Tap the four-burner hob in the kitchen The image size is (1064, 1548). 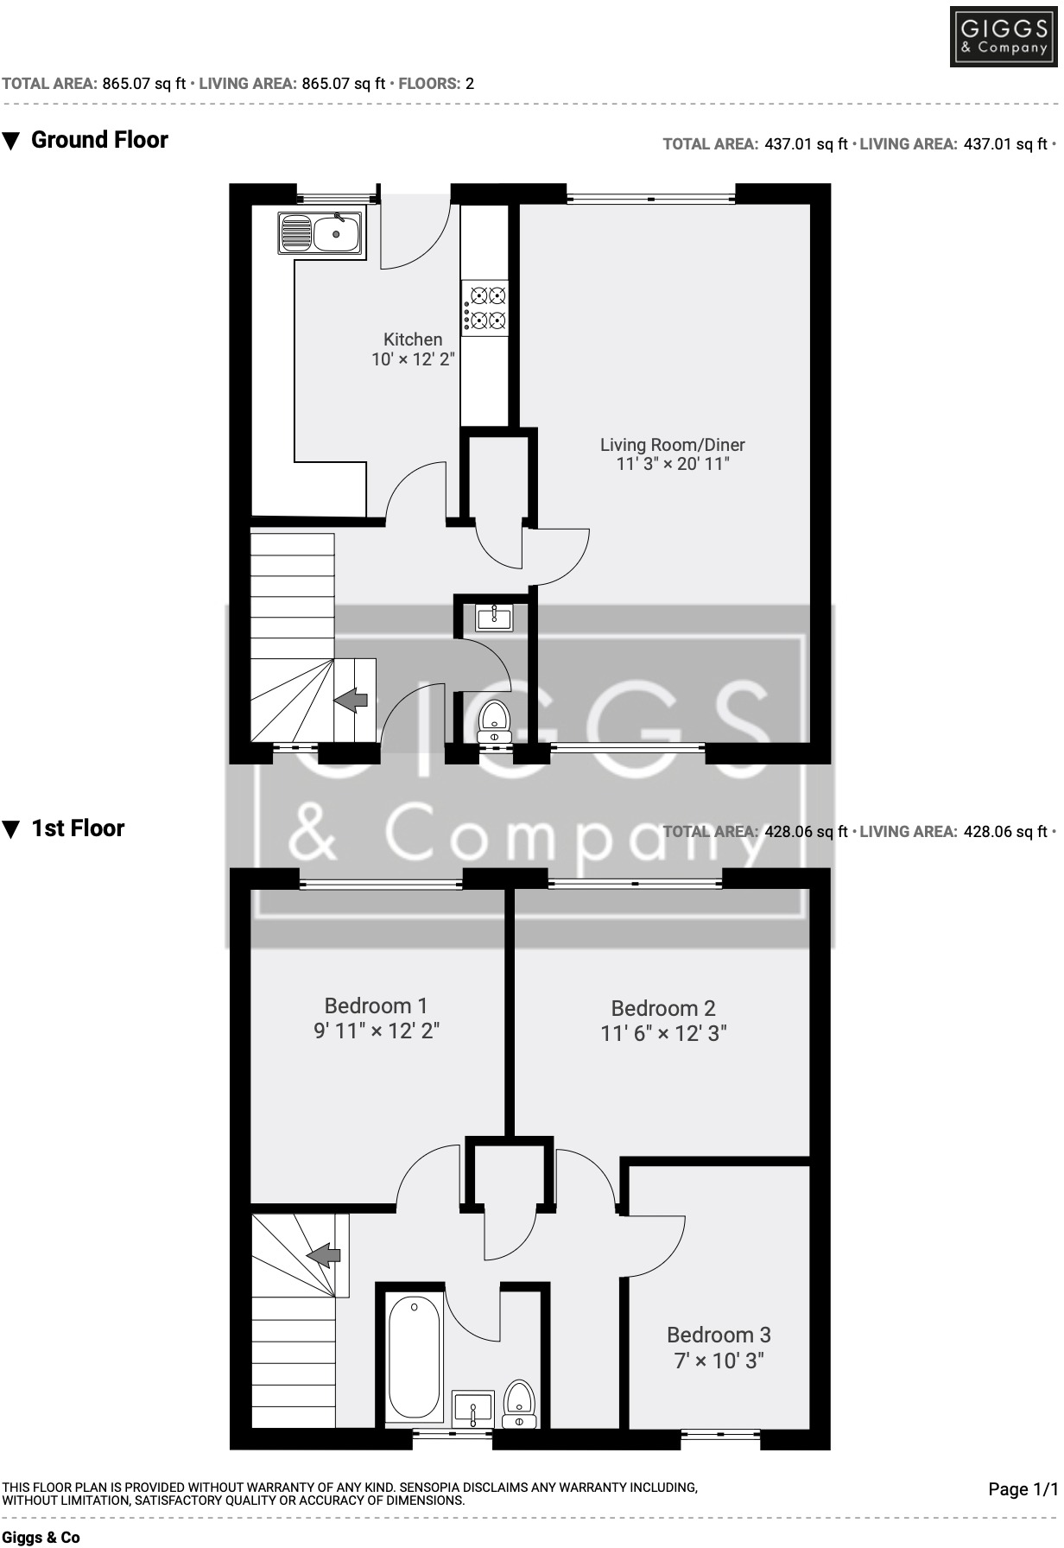(485, 308)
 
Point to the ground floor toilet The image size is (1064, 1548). (494, 720)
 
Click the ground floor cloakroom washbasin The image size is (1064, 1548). (494, 617)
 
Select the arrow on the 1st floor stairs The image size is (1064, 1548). (323, 1255)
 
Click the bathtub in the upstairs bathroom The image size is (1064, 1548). (415, 1358)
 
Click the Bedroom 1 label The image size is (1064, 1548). (376, 1006)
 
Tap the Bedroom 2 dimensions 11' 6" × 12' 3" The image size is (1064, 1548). (663, 1033)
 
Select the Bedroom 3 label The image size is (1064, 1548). (719, 1335)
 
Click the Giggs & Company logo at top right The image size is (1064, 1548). (1004, 37)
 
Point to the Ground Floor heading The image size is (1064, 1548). (99, 140)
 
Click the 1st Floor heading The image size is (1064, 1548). (78, 828)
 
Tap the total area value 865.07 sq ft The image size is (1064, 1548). (144, 84)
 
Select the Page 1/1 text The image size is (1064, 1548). (1023, 1488)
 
